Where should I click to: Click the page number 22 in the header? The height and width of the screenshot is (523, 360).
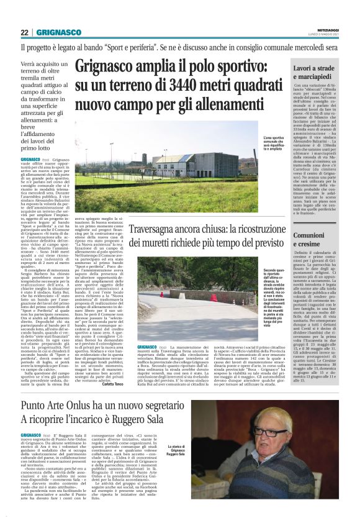pyautogui.click(x=24, y=32)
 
